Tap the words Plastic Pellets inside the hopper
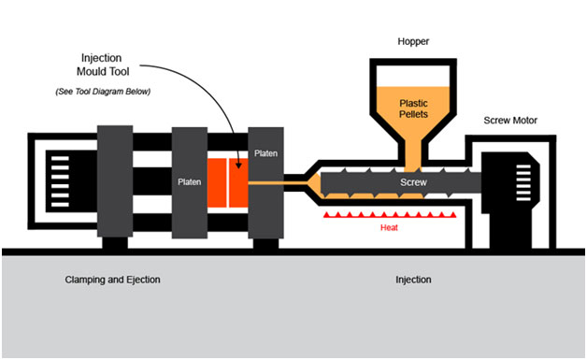(x=413, y=109)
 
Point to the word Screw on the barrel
(x=412, y=182)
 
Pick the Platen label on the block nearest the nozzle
(x=265, y=152)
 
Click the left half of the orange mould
(x=221, y=183)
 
